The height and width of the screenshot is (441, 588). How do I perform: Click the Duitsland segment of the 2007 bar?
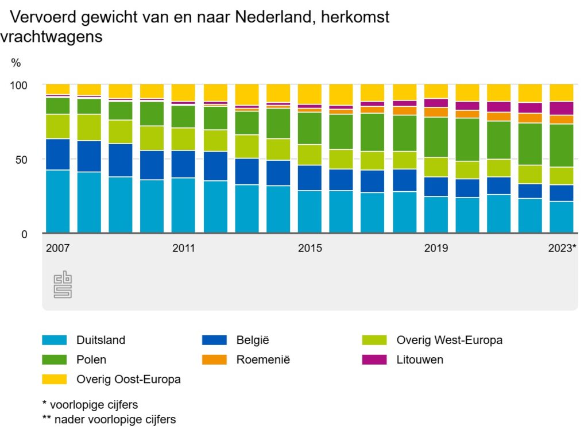coord(57,202)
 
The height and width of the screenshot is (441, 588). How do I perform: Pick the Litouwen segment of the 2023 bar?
coord(562,109)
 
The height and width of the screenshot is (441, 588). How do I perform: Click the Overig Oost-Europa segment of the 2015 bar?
coord(310,94)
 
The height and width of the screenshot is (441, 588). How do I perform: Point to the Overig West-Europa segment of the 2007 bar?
coord(57,126)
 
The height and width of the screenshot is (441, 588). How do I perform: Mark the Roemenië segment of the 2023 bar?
coord(562,119)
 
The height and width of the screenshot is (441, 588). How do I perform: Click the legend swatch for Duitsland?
coord(55,340)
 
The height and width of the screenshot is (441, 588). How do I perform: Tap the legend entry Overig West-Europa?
coord(449,340)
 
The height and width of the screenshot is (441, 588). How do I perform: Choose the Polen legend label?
coord(91,360)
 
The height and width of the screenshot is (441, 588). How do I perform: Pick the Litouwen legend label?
coord(420,360)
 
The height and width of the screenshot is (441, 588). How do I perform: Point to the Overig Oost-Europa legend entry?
coord(128,380)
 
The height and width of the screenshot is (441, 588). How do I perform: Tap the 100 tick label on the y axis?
coord(19,85)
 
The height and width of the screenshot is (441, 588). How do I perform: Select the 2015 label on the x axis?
coord(310,249)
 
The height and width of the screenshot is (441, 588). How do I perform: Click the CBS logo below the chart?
coord(63,285)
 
